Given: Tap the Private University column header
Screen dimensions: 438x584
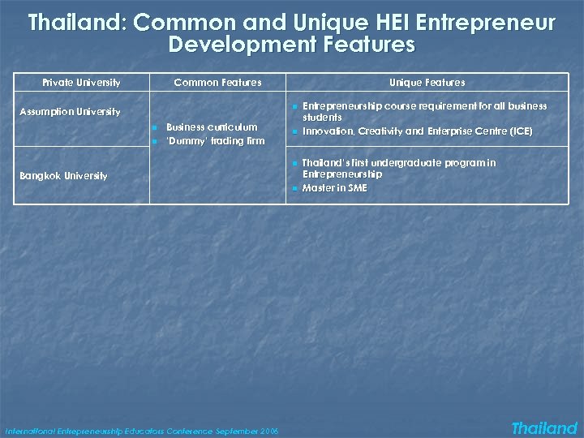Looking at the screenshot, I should (x=81, y=82).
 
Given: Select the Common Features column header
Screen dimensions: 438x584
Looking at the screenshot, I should (x=217, y=82).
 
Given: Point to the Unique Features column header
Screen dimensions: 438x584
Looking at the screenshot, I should (x=427, y=82).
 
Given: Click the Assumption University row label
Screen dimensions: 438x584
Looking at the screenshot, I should (x=70, y=111).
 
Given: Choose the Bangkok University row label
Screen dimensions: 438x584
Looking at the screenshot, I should (x=63, y=176).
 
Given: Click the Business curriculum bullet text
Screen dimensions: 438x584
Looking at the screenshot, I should (x=211, y=127).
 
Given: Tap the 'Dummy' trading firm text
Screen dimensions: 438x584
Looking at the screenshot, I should (x=215, y=141).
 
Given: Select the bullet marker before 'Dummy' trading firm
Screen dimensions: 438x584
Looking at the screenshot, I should (x=153, y=142).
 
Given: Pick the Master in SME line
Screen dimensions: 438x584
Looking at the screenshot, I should (x=334, y=188).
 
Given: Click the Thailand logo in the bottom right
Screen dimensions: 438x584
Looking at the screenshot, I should (x=543, y=428).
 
